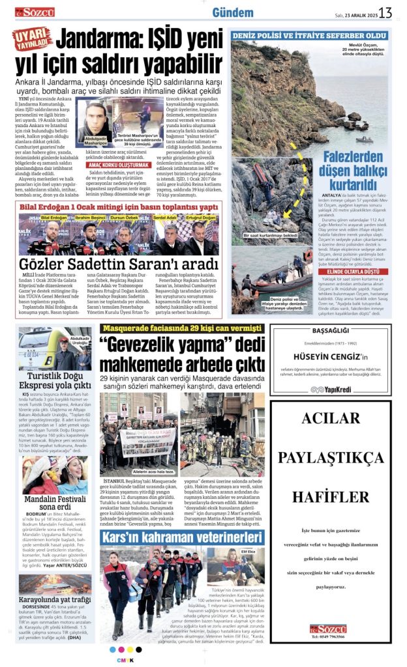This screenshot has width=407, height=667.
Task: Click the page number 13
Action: click(x=385, y=12)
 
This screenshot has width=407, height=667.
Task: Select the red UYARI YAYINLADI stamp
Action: click(x=33, y=41)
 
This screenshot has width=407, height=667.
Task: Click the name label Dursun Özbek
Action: click(x=123, y=216)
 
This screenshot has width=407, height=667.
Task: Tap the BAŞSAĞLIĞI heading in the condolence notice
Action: click(x=330, y=332)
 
